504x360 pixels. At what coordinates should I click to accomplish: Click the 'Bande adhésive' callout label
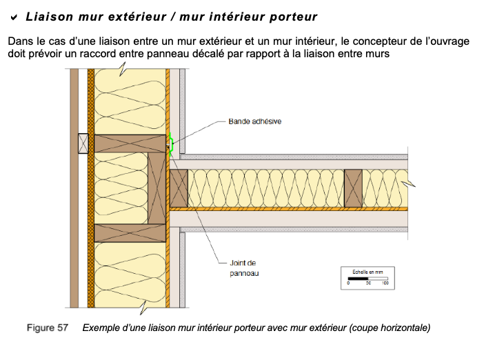[254, 121]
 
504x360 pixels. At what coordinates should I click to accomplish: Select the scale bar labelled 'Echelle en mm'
[367, 278]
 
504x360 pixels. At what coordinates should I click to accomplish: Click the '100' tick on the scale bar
[385, 283]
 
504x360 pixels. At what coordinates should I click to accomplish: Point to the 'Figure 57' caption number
[48, 328]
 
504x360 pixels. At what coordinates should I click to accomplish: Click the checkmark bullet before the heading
[13, 15]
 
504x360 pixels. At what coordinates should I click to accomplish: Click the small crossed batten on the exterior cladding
[83, 143]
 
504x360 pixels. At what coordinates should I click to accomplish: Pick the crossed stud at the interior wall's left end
[179, 188]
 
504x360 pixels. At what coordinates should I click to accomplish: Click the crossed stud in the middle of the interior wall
[354, 188]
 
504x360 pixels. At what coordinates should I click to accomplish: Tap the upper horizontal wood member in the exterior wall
[130, 143]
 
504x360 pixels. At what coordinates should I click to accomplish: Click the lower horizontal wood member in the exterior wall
[130, 232]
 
